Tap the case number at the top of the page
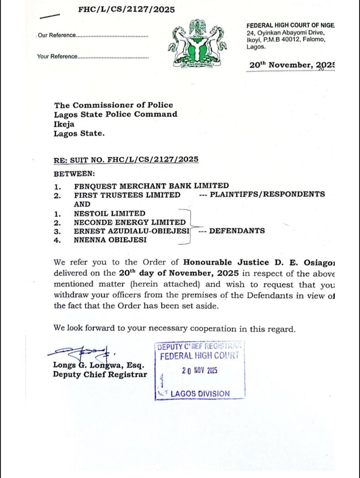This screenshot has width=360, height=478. (126, 9)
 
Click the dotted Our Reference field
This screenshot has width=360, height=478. (112, 36)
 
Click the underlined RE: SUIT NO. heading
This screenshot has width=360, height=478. (126, 159)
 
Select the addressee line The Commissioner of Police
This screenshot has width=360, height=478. (114, 105)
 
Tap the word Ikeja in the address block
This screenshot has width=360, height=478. (64, 124)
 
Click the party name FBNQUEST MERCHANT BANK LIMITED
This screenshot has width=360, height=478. (151, 186)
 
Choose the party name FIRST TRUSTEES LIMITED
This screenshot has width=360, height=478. (127, 195)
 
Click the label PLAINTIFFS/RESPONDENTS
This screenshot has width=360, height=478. (267, 194)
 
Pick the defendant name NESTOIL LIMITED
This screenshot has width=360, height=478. (109, 213)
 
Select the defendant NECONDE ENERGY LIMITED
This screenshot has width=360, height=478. (130, 222)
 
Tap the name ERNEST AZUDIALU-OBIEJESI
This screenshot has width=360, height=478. (132, 231)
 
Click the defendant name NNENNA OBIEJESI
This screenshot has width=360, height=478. (110, 240)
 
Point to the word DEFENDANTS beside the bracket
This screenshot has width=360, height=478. (237, 231)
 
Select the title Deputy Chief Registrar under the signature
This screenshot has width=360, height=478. (100, 374)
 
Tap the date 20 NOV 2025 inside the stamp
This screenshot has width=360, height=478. (199, 370)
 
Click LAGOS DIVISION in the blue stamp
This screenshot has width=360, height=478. (200, 393)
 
